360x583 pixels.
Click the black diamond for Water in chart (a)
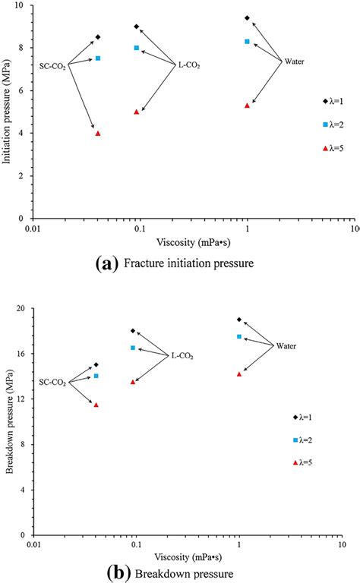tap(247, 18)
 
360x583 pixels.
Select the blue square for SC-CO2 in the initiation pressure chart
tap(98, 58)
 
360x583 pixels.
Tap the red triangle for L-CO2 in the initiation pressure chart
tap(137, 112)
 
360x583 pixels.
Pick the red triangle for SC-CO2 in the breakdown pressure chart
tap(96, 405)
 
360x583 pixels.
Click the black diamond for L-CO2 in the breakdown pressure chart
tap(133, 331)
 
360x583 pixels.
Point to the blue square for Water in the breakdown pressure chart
tap(239, 336)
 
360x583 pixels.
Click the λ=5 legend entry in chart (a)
tap(333, 148)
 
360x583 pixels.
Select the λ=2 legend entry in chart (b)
tap(303, 440)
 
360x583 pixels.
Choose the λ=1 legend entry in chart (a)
tap(333, 101)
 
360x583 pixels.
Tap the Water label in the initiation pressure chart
tap(294, 61)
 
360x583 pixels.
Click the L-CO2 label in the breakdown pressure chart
tap(182, 356)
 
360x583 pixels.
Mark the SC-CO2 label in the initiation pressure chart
tap(52, 67)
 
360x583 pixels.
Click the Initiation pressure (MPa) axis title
tap(7, 111)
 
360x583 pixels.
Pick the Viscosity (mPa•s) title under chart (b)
tap(188, 557)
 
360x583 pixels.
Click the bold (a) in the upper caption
tap(107, 263)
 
